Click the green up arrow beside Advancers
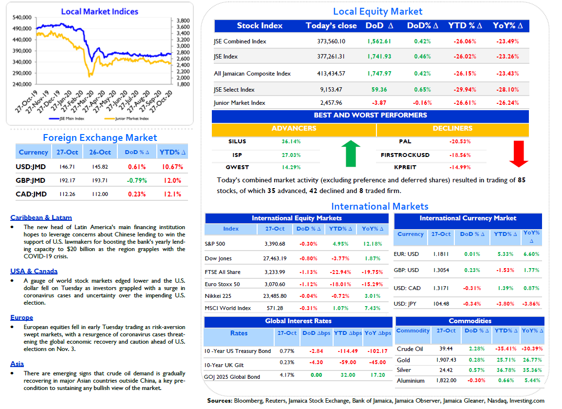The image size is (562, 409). coord(351,154)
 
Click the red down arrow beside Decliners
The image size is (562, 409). coord(519,154)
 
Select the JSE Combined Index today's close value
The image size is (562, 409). coord(331,41)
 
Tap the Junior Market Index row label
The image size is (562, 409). coord(240,103)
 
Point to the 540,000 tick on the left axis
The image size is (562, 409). coord(22,17)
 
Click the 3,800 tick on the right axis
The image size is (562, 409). coord(183,20)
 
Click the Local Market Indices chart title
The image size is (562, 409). coord(100,12)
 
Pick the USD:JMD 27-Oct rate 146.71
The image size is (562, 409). coord(67,167)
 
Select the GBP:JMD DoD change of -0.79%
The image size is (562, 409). coord(137,180)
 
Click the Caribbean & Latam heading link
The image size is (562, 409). coord(41,217)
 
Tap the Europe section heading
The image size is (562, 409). coord(21,317)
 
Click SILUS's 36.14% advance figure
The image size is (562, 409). coord(291,141)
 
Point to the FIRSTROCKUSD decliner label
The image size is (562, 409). coord(405,155)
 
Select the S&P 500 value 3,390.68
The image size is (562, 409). coord(275,244)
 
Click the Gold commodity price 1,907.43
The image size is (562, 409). coord(446,360)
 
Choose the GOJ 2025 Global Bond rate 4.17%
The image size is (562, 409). coord(287,375)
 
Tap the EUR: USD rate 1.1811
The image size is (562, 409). coord(441,254)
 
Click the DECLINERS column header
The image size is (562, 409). coord(452,128)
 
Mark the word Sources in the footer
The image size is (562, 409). coord(220,401)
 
